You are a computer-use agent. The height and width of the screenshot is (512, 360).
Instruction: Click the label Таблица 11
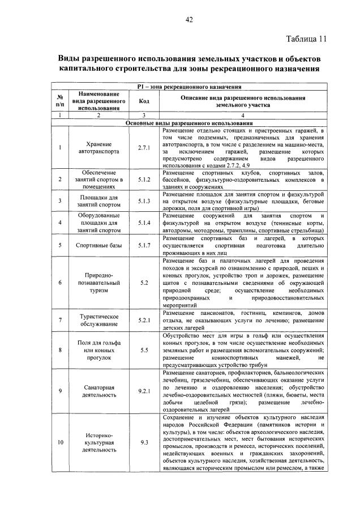[306, 39]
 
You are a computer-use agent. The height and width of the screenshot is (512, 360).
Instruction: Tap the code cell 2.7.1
[143, 148]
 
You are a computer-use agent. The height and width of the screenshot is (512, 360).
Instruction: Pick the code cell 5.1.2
[143, 180]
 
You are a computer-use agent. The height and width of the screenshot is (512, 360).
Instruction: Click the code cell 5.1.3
[143, 200]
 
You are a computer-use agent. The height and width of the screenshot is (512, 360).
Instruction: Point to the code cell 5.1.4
[143, 223]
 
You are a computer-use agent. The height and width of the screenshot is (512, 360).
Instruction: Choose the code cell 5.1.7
[143, 245]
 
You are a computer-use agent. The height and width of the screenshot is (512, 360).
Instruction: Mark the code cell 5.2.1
[143, 320]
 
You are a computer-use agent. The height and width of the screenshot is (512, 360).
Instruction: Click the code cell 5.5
[143, 350]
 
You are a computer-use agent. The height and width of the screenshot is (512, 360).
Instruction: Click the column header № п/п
[59, 100]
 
